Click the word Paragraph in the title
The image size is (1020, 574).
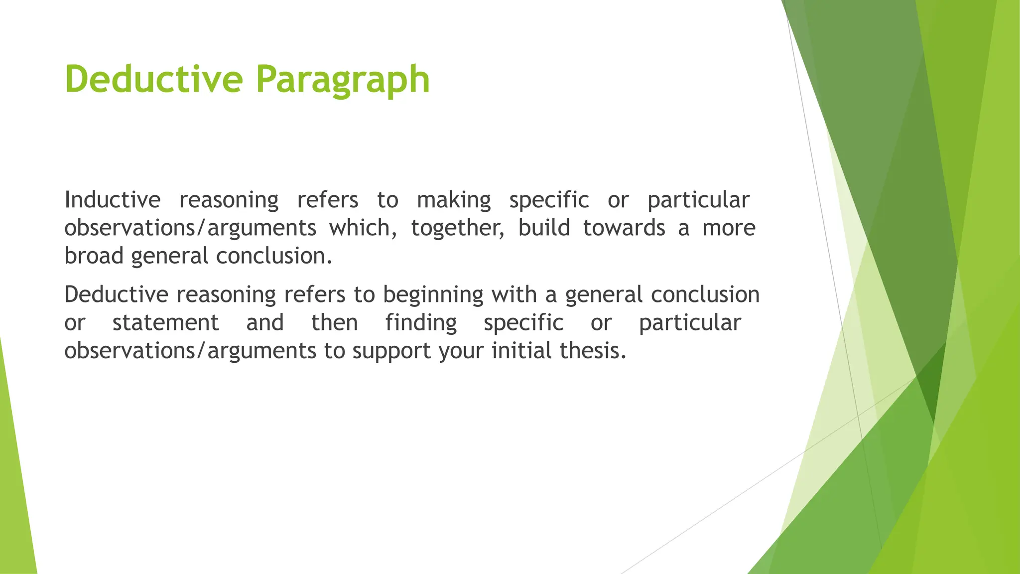pyautogui.click(x=343, y=80)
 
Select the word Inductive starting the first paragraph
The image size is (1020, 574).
pyautogui.click(x=113, y=200)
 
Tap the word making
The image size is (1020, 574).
pyautogui.click(x=454, y=200)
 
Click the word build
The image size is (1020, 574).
pyautogui.click(x=544, y=228)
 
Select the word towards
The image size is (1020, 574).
pyautogui.click(x=624, y=228)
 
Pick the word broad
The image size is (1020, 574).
pyautogui.click(x=94, y=256)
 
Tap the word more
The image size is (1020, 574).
pyautogui.click(x=729, y=228)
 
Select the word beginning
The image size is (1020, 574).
pyautogui.click(x=433, y=294)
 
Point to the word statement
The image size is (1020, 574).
pyautogui.click(x=165, y=322)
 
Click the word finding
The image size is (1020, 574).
pyautogui.click(x=421, y=322)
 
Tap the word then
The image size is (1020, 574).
pyautogui.click(x=334, y=322)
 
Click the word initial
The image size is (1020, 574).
pyautogui.click(x=521, y=351)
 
